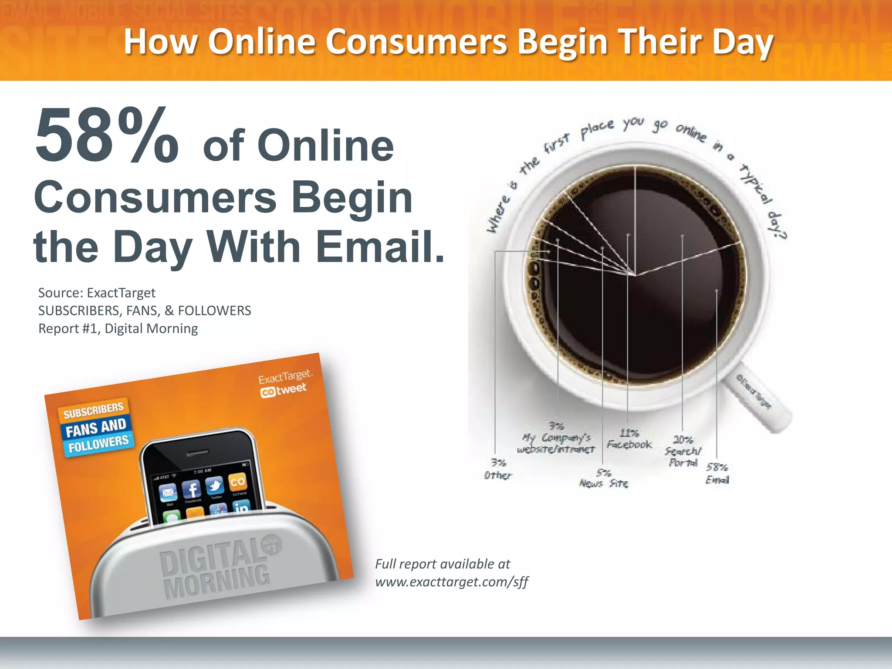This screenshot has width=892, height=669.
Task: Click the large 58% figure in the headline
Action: click(107, 136)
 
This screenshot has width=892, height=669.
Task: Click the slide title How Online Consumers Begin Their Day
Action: click(448, 42)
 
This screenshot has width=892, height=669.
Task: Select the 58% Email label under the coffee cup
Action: click(717, 473)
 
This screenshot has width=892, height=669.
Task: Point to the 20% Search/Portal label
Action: click(683, 451)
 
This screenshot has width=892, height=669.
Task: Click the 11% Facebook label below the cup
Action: click(629, 439)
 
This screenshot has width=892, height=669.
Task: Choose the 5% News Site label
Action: click(604, 478)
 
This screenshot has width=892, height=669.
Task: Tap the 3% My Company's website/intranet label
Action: click(556, 438)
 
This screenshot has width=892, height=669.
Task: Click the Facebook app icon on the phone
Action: click(192, 490)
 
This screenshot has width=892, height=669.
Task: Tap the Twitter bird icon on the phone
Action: click(215, 485)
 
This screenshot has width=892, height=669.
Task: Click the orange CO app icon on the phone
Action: click(237, 482)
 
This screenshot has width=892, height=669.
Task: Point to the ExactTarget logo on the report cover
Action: click(285, 377)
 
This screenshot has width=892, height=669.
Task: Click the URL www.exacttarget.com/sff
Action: click(452, 582)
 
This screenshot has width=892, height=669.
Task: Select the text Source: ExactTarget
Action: click(97, 293)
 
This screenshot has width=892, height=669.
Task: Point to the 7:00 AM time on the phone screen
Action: click(203, 471)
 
